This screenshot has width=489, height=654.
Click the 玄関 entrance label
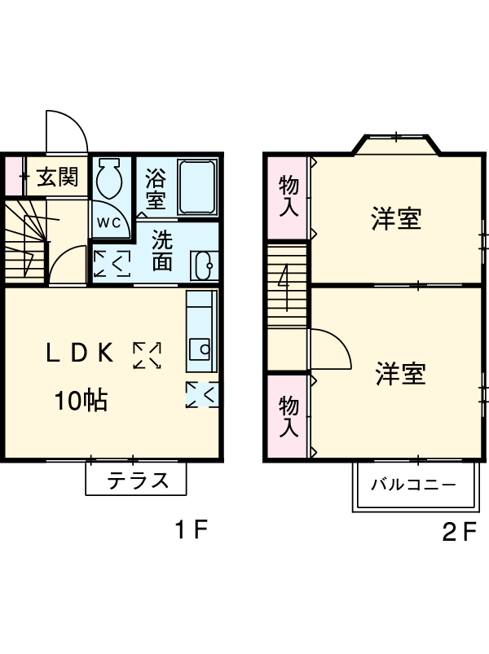pyautogui.click(x=57, y=176)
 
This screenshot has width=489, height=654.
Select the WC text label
pyautogui.click(x=109, y=222)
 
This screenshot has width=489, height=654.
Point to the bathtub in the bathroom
pyautogui.click(x=196, y=187)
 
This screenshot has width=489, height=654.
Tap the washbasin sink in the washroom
pyautogui.click(x=205, y=264)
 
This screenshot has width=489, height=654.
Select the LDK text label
pyautogui.click(x=79, y=353)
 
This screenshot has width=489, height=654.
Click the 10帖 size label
pyautogui.click(x=81, y=401)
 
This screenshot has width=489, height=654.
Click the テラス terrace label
pyautogui.click(x=138, y=481)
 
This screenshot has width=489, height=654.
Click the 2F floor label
pyautogui.click(x=459, y=533)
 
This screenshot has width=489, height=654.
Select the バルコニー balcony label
pyautogui.click(x=414, y=485)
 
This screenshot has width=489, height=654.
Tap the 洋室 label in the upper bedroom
pyautogui.click(x=397, y=220)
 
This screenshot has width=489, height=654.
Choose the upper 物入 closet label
pyautogui.click(x=289, y=196)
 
